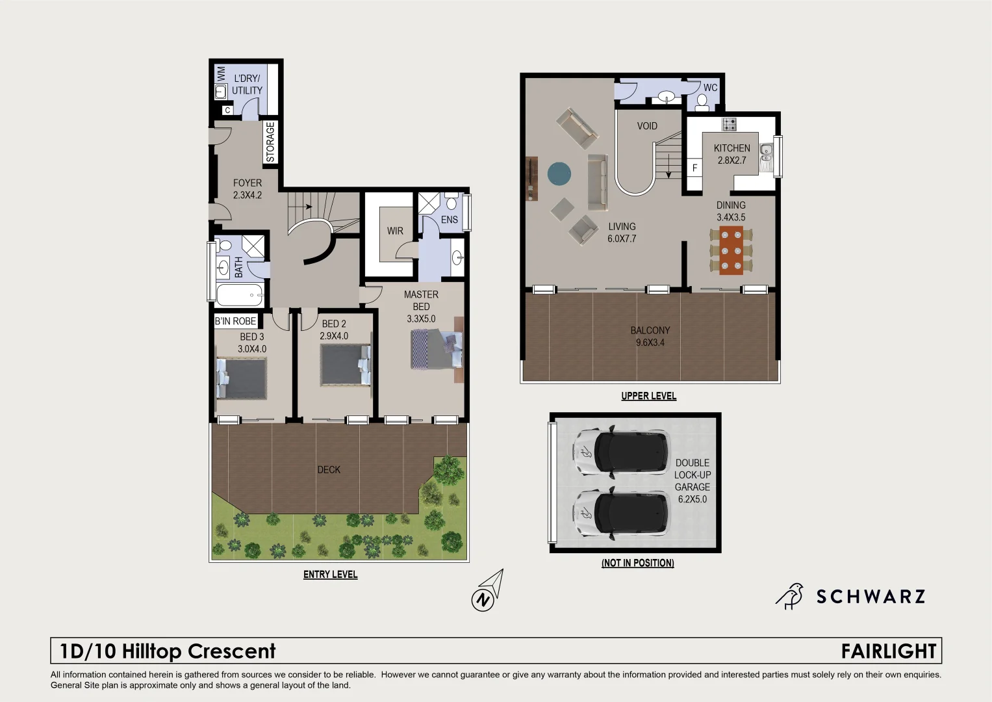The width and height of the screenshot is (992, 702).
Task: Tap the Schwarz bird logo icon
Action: [789, 595]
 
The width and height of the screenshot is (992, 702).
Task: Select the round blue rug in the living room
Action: [559, 174]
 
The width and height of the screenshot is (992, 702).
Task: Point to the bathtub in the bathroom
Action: [239, 295]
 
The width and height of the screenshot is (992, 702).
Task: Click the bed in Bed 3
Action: [242, 378]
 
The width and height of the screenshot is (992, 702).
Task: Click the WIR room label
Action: [395, 231]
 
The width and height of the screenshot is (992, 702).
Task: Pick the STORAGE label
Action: [270, 142]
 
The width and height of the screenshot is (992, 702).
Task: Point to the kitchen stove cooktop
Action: [730, 123]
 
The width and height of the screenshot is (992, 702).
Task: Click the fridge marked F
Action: [694, 168]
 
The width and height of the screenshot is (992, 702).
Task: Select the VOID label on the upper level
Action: [646, 126]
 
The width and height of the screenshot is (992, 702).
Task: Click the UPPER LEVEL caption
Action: [648, 396]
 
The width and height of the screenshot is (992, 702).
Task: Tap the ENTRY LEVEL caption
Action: [330, 575]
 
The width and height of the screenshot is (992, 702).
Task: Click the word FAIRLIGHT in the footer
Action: [888, 651]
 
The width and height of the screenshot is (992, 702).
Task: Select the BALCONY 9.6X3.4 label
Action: [650, 336]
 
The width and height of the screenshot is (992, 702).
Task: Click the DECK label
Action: [329, 469]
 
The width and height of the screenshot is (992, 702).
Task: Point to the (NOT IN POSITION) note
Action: [637, 563]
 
